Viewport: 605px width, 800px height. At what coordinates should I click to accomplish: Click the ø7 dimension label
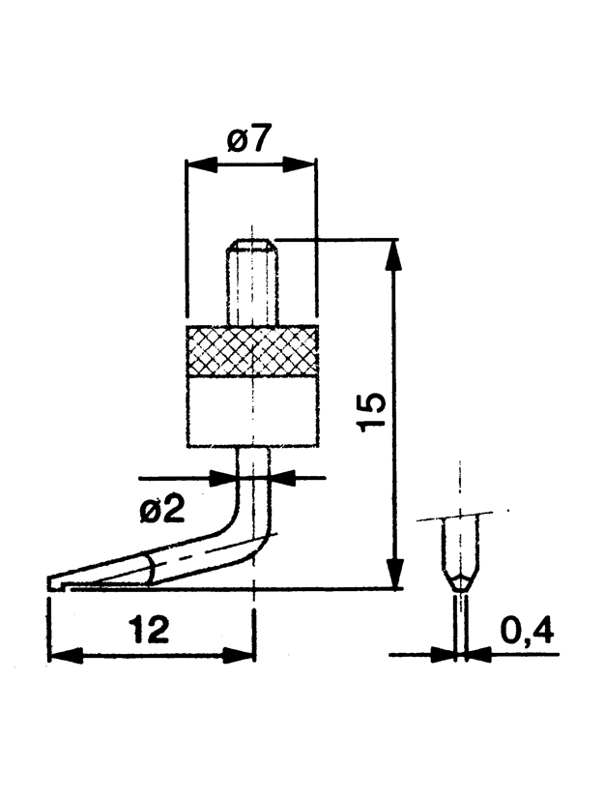pyautogui.click(x=247, y=138)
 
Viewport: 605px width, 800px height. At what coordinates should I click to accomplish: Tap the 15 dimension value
pyautogui.click(x=371, y=413)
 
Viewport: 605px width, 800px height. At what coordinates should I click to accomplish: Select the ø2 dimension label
pyautogui.click(x=162, y=509)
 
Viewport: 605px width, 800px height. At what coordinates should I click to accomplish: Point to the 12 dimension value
pyautogui.click(x=148, y=629)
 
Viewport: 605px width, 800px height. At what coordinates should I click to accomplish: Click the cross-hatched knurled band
pyautogui.click(x=253, y=351)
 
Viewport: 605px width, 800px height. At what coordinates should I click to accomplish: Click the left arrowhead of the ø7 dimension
pyautogui.click(x=201, y=164)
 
